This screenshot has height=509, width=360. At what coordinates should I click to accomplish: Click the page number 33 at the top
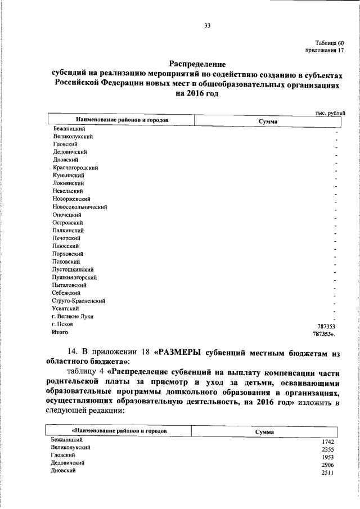[x=207, y=25]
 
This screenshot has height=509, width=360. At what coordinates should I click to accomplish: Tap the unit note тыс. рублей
[x=330, y=113]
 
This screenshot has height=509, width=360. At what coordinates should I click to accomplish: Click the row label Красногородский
[x=76, y=168]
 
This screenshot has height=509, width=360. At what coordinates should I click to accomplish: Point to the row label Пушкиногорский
[x=75, y=277]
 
